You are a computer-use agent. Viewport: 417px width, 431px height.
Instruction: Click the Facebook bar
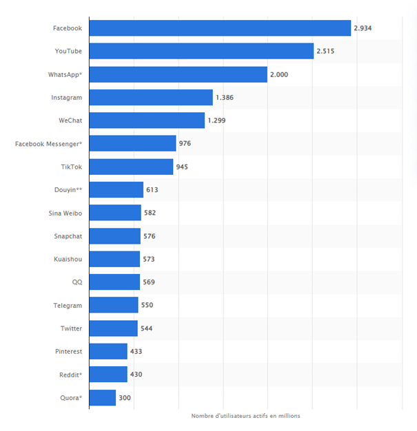tap(221, 28)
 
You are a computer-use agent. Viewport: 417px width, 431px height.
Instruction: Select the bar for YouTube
tap(201, 51)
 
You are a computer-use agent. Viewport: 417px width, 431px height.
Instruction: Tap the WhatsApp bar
tap(178, 74)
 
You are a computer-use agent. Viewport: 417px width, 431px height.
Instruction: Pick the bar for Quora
tap(103, 398)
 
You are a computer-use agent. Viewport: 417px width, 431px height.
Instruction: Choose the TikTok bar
tap(131, 167)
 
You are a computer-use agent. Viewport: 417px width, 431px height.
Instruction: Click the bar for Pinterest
tap(108, 351)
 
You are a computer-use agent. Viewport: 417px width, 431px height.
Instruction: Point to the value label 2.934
tap(363, 28)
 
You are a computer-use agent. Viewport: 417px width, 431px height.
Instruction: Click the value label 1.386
tap(225, 98)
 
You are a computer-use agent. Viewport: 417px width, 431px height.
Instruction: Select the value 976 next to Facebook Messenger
tap(185, 144)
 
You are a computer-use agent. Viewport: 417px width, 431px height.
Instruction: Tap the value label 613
tap(152, 190)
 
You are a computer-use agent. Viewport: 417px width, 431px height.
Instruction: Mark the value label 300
tap(124, 398)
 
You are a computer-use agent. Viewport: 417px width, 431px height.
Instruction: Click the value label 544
tap(146, 328)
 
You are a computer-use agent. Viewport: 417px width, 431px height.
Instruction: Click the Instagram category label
tap(66, 98)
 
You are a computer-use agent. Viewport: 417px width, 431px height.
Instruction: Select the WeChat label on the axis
tap(70, 120)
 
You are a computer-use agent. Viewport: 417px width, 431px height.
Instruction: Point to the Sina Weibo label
tap(65, 213)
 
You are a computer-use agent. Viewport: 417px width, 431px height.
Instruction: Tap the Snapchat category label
tap(68, 236)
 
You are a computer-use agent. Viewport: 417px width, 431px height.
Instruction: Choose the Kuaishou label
tap(68, 259)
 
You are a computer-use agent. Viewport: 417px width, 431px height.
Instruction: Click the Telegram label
tap(68, 305)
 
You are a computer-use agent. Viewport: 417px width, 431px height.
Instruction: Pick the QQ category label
tap(77, 282)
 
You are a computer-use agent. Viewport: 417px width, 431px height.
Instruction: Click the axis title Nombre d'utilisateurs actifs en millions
tap(245, 416)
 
